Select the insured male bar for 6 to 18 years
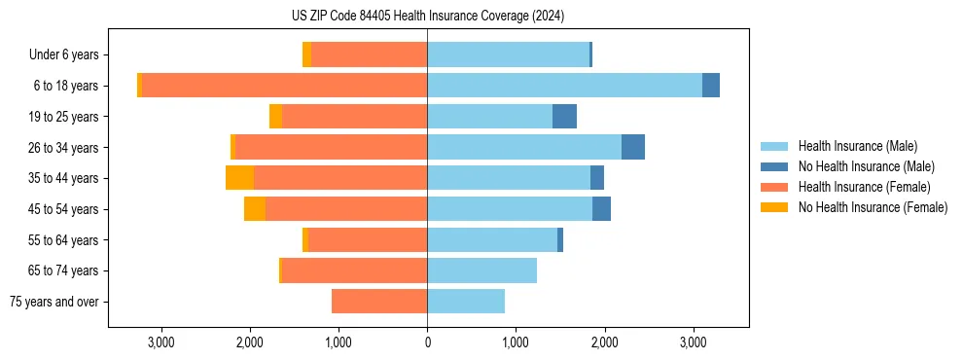tap(564, 86)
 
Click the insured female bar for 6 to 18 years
tap(284, 86)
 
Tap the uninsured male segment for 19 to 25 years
tap(564, 117)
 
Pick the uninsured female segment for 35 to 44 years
tap(239, 178)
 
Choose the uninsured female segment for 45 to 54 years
tap(255, 209)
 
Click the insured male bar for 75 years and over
tap(466, 302)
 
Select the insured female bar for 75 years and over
tap(379, 302)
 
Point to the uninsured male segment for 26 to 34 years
tap(633, 147)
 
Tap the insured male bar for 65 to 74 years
tap(481, 270)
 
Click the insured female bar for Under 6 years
tap(369, 55)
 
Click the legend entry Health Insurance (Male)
tap(857, 146)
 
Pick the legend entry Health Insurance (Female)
tap(864, 187)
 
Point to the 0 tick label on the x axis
tap(427, 342)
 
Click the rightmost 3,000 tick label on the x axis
tap(693, 342)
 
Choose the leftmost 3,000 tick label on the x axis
tap(160, 342)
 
